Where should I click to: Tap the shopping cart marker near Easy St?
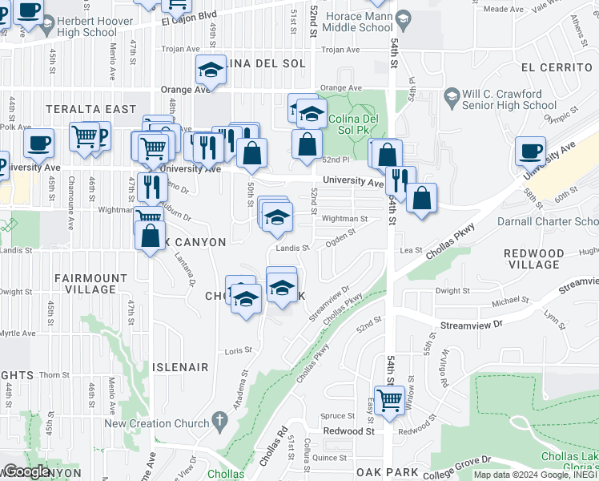389,399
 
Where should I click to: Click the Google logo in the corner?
26,471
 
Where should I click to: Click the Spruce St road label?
338,415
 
